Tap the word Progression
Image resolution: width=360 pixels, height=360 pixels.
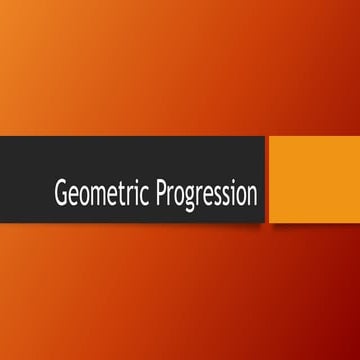point(206,193)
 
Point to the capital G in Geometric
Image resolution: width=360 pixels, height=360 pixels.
point(61,193)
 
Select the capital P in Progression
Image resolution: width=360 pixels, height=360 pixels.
point(160,193)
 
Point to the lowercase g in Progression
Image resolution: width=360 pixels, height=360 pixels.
point(188,197)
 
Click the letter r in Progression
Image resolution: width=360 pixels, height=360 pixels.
point(169,195)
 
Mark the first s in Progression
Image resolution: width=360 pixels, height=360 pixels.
point(215,195)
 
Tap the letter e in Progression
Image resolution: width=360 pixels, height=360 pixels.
point(206,195)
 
